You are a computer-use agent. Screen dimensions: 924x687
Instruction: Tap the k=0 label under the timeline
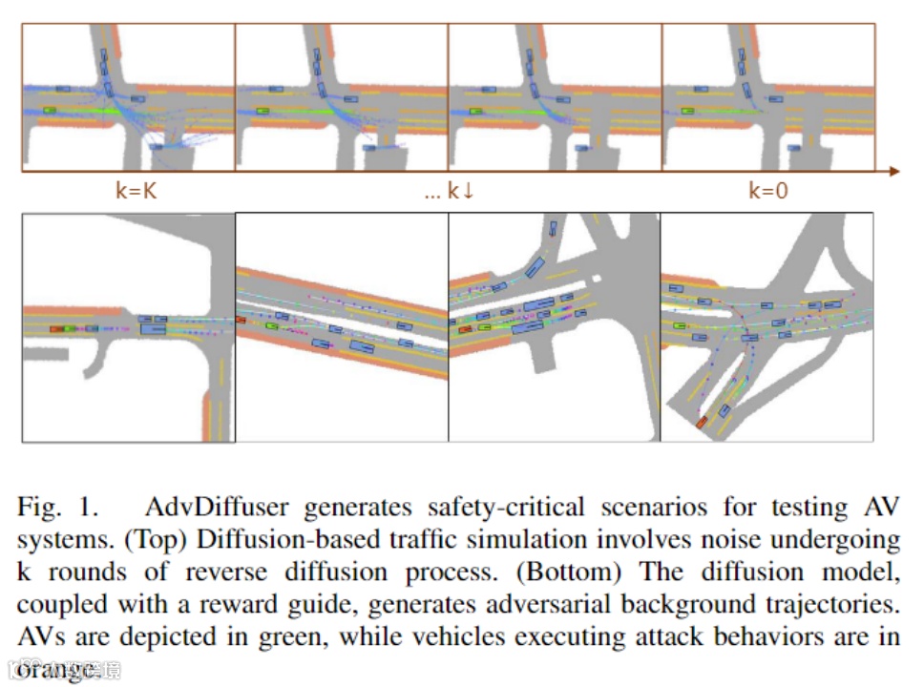click(768, 190)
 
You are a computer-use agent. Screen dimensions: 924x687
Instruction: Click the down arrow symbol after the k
click(468, 191)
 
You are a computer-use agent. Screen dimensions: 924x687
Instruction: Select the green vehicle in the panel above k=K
click(49, 110)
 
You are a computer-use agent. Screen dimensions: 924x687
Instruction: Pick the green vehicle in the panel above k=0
click(687, 110)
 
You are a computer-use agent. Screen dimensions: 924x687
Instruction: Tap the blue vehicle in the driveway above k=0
click(794, 147)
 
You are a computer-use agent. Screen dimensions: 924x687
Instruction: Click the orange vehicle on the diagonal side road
click(702, 421)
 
